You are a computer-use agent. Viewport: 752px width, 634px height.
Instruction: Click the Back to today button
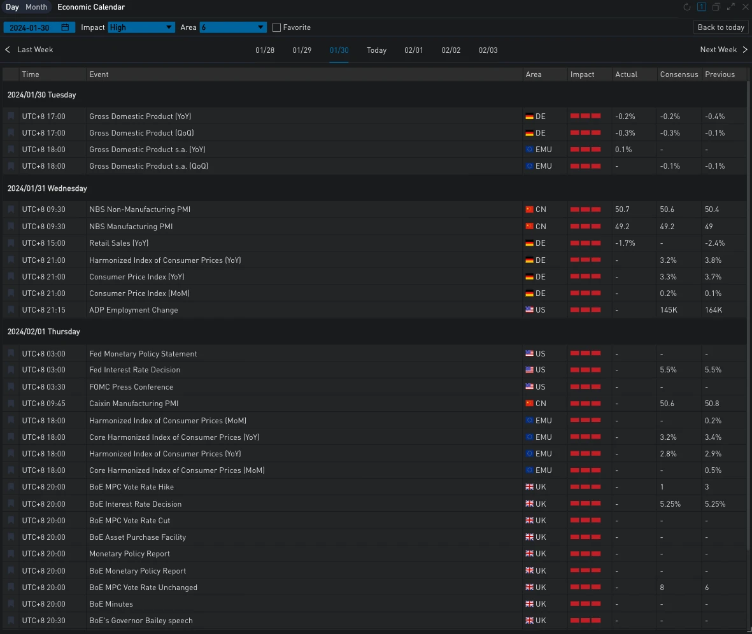point(721,27)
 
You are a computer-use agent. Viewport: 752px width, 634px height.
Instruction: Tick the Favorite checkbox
point(276,27)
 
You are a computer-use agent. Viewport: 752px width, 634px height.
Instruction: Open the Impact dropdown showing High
point(141,27)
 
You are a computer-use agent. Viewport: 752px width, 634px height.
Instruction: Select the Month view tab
point(36,7)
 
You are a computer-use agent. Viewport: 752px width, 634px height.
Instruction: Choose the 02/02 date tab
point(451,50)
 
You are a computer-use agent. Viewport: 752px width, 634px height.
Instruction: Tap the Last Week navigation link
point(29,50)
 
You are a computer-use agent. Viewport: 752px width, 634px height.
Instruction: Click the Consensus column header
point(679,74)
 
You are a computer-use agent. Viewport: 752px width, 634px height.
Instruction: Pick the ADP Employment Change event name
point(134,310)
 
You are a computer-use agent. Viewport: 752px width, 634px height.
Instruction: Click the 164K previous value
point(714,310)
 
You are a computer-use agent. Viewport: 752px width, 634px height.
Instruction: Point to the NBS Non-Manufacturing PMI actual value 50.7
point(622,209)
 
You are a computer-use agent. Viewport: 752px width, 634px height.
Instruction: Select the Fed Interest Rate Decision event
point(135,370)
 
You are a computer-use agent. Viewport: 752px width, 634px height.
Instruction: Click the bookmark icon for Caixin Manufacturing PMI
point(11,404)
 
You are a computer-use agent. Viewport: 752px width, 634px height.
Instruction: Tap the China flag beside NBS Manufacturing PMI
point(529,227)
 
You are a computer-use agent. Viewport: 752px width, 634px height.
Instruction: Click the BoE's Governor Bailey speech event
point(141,621)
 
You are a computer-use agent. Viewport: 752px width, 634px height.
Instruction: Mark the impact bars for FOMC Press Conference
point(585,386)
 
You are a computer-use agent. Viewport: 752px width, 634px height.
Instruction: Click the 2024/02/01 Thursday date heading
point(43,332)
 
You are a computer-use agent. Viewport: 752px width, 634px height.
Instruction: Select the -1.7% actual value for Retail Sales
point(625,243)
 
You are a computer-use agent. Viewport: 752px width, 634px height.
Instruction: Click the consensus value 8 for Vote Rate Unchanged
point(662,588)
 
